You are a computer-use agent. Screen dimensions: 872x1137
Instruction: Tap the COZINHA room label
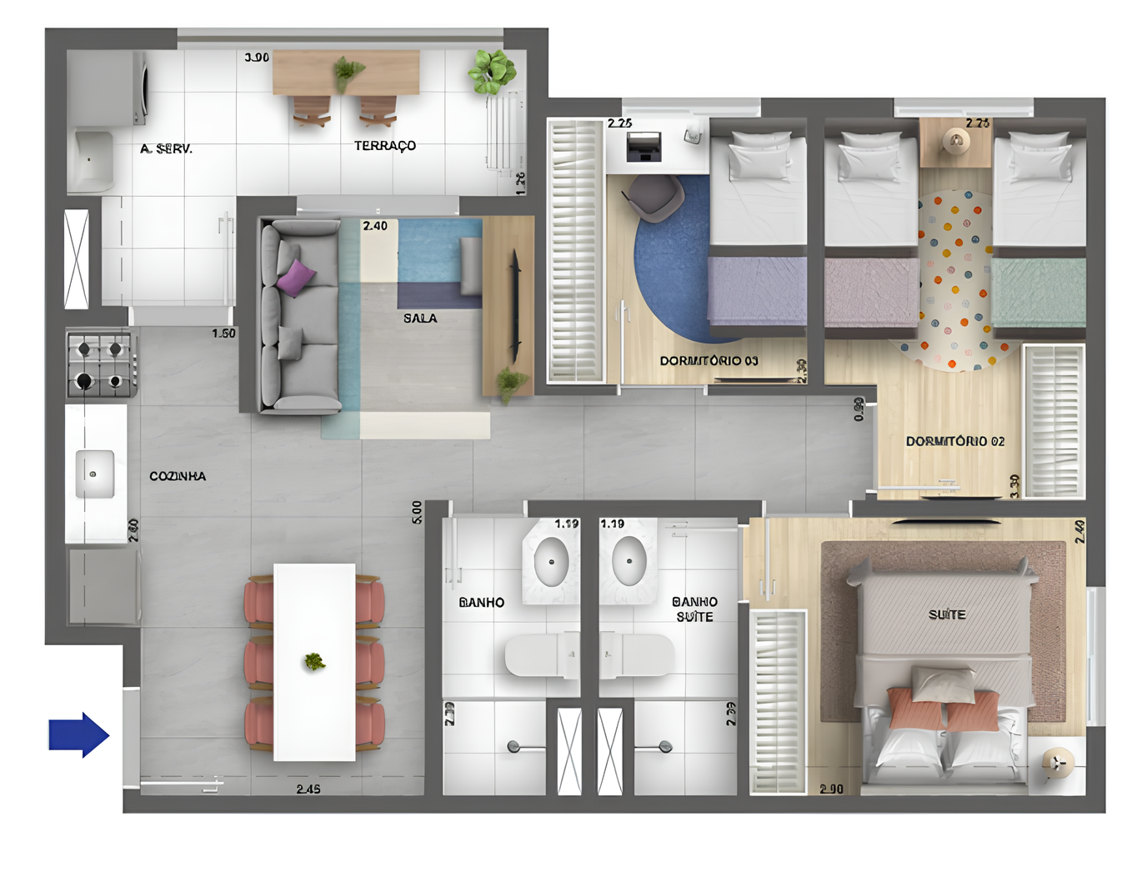tap(178, 476)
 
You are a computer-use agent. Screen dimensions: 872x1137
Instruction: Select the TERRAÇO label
tap(384, 146)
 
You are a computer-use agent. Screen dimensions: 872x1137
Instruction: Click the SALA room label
tap(420, 318)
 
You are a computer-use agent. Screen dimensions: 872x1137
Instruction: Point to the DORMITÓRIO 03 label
tap(709, 361)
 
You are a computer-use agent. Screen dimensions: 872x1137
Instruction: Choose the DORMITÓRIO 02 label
tap(955, 441)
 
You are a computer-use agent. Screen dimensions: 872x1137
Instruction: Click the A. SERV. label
tap(167, 148)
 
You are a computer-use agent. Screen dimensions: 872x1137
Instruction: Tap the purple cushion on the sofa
tap(296, 278)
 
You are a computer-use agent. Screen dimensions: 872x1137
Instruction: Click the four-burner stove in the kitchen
tap(100, 364)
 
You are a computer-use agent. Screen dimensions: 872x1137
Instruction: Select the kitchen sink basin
tap(94, 474)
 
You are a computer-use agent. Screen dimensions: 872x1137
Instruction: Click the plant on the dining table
tap(314, 662)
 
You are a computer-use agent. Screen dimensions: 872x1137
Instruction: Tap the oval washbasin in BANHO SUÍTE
tap(629, 560)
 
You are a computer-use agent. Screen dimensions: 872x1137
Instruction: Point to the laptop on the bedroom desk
tap(643, 146)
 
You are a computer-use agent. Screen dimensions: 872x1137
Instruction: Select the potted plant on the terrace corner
tap(491, 72)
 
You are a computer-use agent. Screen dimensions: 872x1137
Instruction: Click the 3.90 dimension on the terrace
tap(257, 58)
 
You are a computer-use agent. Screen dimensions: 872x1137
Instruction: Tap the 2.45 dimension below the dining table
tap(308, 789)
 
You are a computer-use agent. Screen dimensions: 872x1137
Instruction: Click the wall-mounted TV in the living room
tap(515, 307)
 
